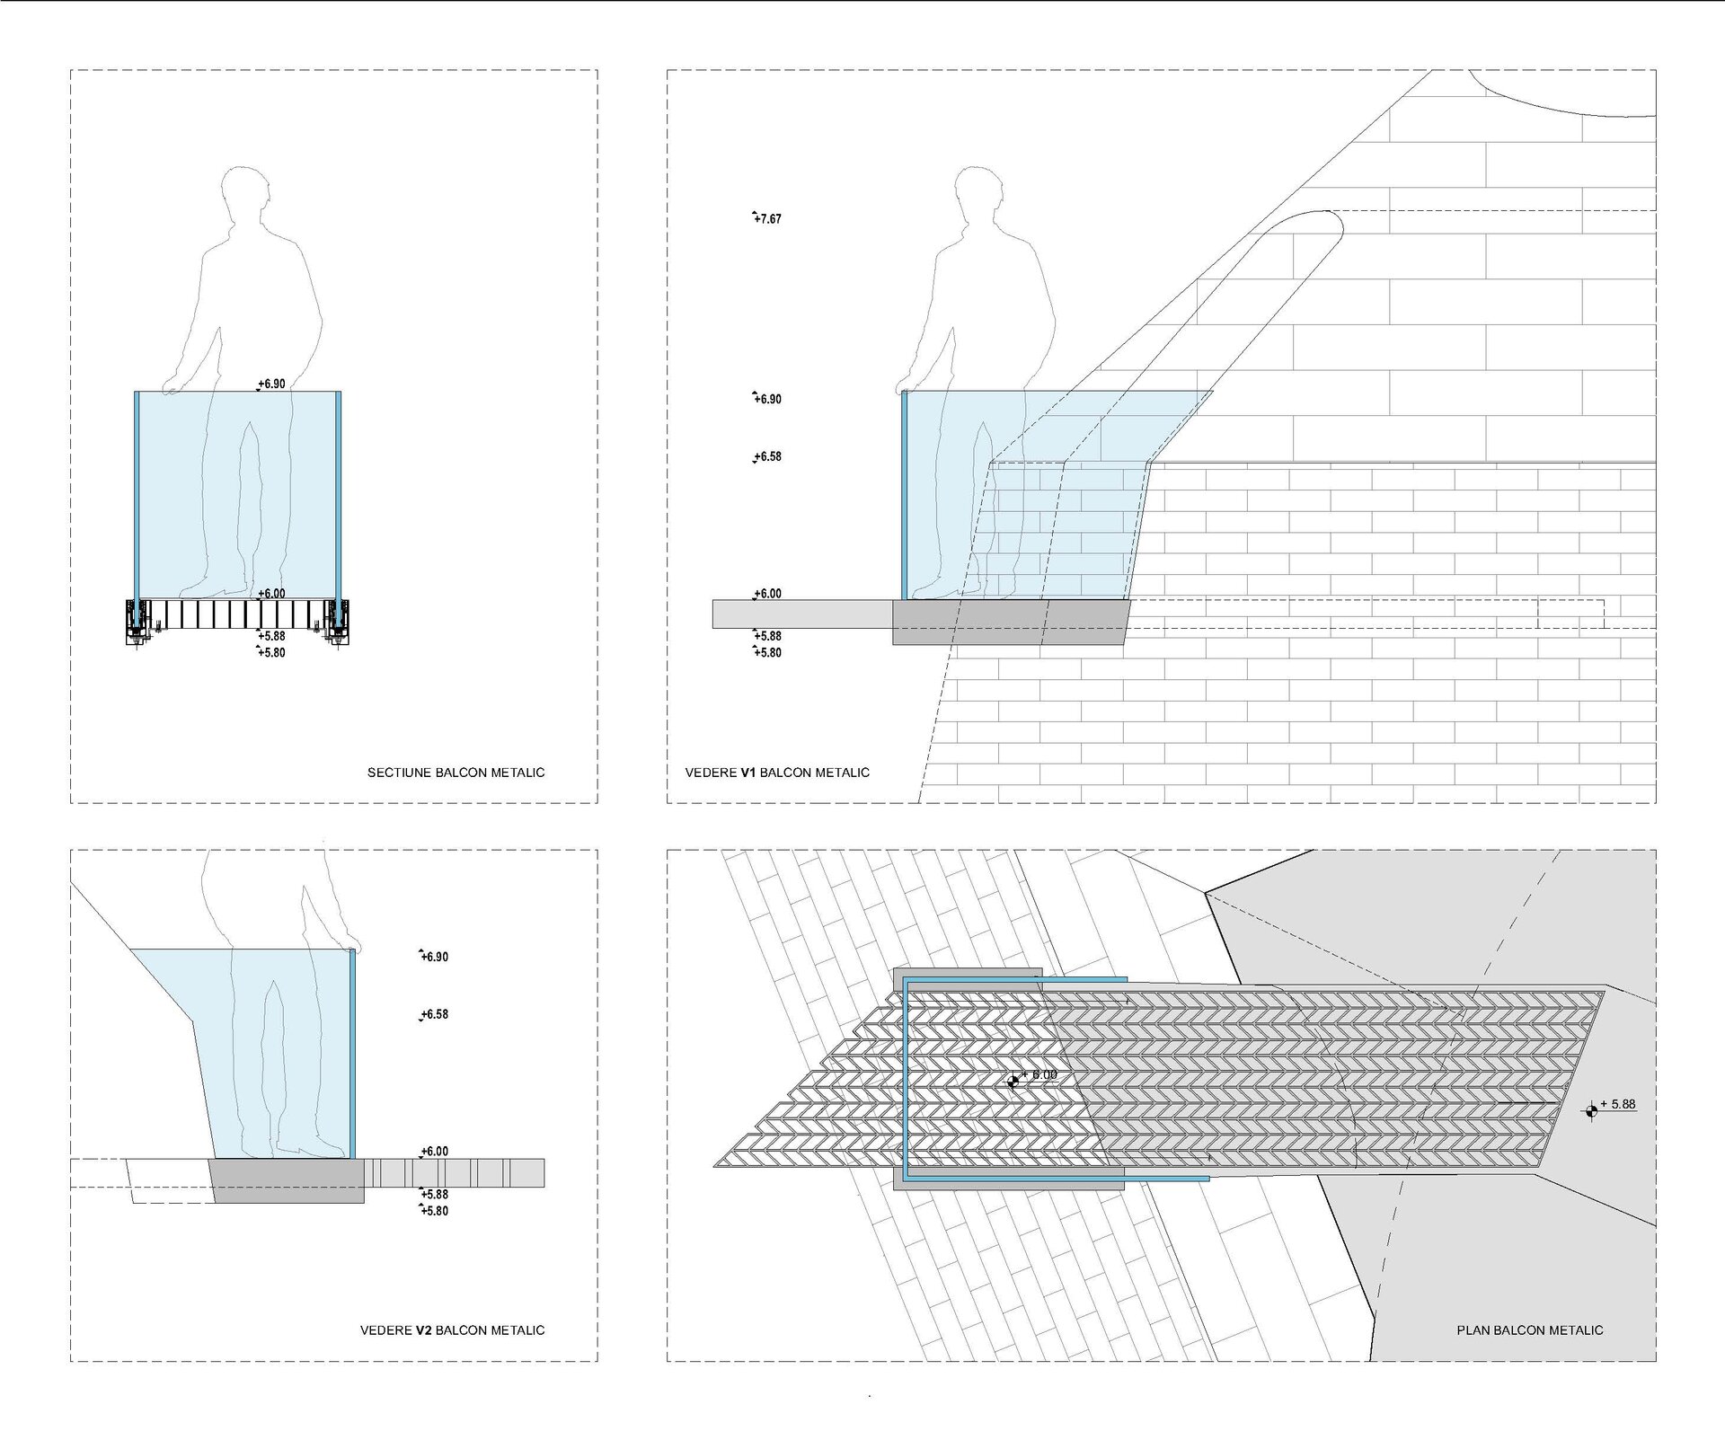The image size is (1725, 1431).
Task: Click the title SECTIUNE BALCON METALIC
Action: point(456,773)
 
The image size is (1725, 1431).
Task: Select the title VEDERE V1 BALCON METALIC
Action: point(777,773)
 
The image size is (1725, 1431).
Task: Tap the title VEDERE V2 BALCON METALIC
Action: point(452,1330)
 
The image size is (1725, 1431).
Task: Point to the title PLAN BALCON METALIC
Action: point(1529,1330)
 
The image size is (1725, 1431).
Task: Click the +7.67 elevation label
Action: point(767,219)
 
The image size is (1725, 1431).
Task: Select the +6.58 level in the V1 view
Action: point(767,457)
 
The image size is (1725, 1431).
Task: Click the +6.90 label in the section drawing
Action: point(271,384)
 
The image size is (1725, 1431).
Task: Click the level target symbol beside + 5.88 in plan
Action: point(1592,1112)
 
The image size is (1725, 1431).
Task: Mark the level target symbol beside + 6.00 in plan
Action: point(1013,1082)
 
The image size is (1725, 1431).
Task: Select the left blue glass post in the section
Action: point(137,494)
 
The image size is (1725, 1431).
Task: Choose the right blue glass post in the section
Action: point(339,494)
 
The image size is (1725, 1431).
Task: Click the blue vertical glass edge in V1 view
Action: point(905,494)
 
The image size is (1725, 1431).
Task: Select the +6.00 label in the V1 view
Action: point(767,594)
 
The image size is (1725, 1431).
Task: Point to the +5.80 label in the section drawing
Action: point(271,653)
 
